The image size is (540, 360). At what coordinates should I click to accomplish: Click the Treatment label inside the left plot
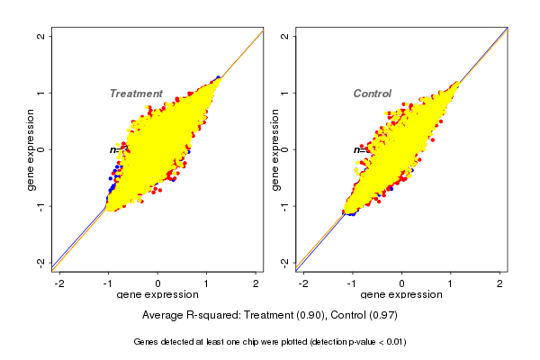[x=136, y=94]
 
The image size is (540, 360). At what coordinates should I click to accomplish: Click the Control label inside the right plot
[x=373, y=94]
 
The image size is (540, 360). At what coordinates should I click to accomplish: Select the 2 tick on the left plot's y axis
[x=41, y=37]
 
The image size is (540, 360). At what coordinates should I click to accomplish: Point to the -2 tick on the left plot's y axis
[x=41, y=262]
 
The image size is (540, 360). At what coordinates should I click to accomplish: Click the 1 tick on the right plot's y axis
[x=285, y=93]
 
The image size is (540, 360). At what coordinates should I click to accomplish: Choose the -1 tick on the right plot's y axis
[x=285, y=205]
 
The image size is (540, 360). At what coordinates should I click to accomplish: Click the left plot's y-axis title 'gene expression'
[x=31, y=149]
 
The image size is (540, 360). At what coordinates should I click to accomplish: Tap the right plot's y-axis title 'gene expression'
[x=275, y=149]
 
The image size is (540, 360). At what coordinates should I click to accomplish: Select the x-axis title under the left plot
[x=158, y=295]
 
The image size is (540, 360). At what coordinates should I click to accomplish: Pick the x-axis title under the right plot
[x=401, y=295]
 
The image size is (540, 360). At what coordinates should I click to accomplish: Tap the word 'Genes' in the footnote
[x=147, y=342]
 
